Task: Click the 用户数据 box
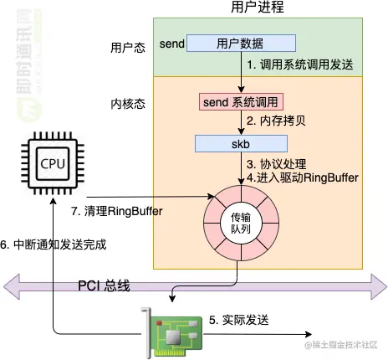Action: click(241, 44)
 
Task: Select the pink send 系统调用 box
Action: click(241, 102)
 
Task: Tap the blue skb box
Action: click(241, 144)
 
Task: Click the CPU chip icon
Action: click(53, 163)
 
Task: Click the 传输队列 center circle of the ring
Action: click(241, 224)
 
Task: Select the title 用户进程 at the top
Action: click(258, 7)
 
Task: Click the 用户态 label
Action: click(128, 48)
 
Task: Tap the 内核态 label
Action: click(128, 104)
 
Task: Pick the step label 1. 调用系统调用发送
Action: click(300, 64)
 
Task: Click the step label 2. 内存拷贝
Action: click(276, 121)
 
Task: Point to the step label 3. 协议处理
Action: click(277, 164)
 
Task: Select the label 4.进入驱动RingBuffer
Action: click(303, 177)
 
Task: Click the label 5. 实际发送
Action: click(239, 320)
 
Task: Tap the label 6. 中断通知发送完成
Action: click(54, 244)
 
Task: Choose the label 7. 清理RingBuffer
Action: click(117, 211)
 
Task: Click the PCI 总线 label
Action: click(104, 286)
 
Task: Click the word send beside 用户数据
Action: click(172, 44)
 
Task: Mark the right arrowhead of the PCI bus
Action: click(379, 286)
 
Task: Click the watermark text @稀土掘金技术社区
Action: click(340, 345)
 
